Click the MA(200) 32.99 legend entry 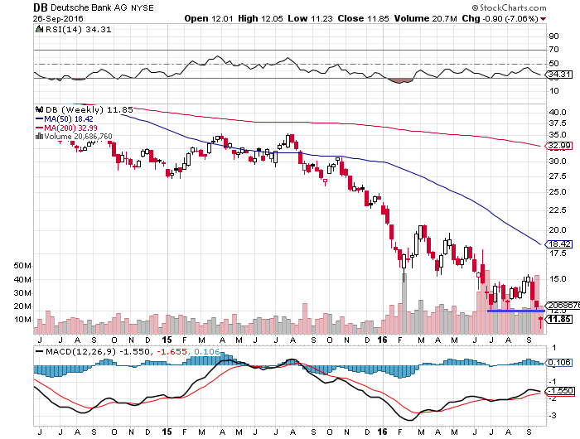(x=69, y=128)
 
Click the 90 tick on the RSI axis (x=552, y=36)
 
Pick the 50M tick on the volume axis (x=22, y=267)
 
